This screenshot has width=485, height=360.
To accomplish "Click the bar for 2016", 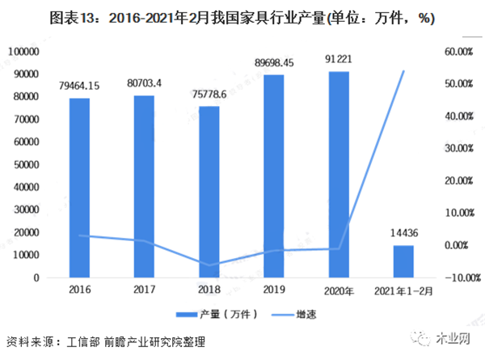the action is [79, 188].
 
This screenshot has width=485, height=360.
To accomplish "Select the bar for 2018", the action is [209, 192].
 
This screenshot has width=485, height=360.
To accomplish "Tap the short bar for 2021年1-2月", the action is [403, 261].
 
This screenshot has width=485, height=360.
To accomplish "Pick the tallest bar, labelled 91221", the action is [339, 175].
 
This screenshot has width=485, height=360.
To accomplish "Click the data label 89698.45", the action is [274, 63].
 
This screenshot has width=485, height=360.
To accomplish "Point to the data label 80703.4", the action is [144, 83].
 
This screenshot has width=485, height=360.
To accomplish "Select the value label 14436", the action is [403, 233].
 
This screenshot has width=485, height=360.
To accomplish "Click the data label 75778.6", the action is [209, 94].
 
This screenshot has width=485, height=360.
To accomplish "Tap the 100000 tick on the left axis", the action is [23, 52].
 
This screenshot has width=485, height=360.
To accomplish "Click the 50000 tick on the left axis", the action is [27, 165].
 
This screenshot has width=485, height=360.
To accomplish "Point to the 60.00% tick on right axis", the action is [459, 52].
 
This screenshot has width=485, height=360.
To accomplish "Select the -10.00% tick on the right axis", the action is [462, 277].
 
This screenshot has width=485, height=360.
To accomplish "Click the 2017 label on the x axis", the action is [144, 290].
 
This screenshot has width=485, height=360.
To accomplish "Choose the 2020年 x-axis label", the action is [339, 291].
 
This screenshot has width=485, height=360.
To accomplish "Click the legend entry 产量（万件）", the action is [217, 315].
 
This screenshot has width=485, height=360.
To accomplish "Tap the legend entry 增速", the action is [294, 315].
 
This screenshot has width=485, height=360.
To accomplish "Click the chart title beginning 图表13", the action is [242, 18].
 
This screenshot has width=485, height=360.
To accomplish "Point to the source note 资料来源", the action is [106, 341].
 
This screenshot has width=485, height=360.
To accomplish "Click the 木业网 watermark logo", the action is [441, 338].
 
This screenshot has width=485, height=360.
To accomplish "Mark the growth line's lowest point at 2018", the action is [209, 265].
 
